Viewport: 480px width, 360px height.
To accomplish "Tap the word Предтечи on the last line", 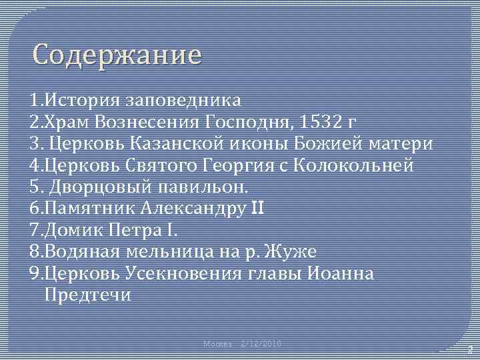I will [87, 294].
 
